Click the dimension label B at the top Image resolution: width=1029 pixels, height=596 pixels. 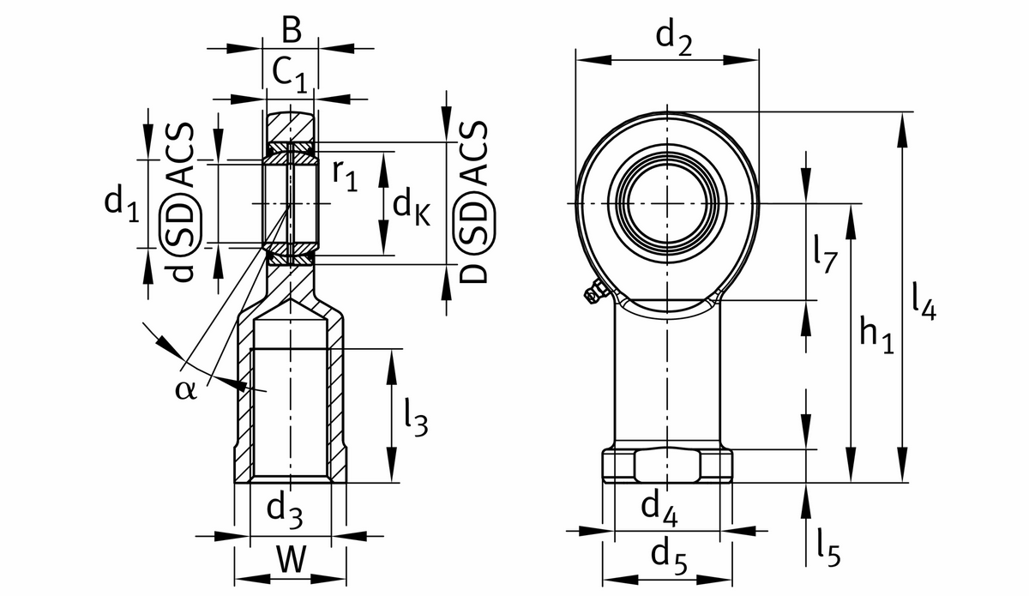pos(291,32)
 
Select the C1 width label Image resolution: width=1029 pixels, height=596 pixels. pos(289,74)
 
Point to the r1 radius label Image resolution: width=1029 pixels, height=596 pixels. pos(345,175)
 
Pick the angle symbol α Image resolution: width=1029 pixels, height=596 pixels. pos(185,390)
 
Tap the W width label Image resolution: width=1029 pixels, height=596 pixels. pos(291,560)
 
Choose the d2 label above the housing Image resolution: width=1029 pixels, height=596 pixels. pos(673,39)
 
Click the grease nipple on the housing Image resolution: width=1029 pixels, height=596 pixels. pos(593,296)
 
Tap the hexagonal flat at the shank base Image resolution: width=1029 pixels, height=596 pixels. pos(668,467)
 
